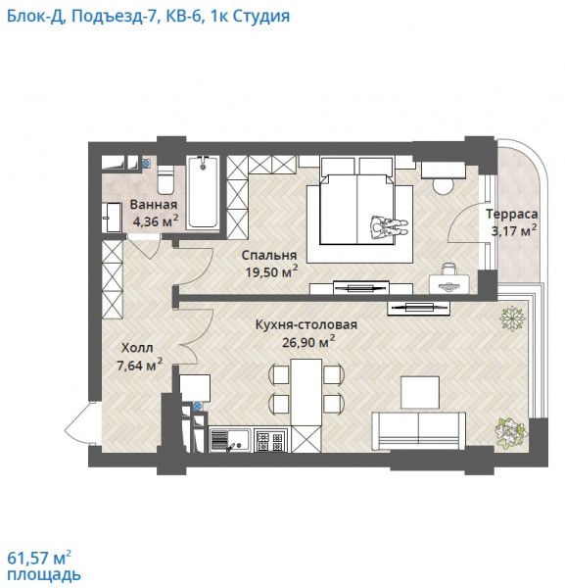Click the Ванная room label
154,205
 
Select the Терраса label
512,214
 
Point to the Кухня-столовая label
306,324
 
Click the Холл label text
137,348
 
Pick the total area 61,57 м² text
39,558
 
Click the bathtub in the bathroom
203,192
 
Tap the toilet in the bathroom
165,179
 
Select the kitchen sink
229,440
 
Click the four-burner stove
269,440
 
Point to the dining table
306,392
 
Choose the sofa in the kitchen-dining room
418,430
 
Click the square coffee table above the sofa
420,392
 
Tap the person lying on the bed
388,227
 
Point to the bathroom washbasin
112,218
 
